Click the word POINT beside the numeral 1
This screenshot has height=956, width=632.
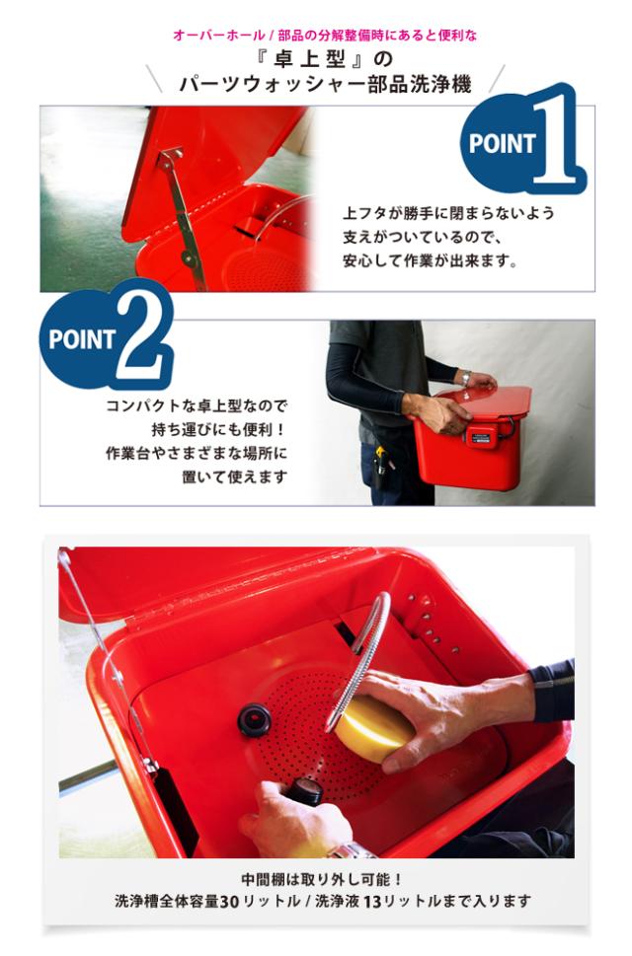502,144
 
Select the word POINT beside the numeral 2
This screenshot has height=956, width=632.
82,339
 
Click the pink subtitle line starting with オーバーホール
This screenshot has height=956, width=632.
325,36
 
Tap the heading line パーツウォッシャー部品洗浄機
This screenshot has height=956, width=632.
325,84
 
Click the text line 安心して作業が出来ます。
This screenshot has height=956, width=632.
431,260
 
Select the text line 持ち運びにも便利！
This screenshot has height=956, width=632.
218,429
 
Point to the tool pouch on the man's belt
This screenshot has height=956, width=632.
379,467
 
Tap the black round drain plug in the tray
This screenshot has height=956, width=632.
254,719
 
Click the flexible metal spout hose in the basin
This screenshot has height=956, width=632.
359,652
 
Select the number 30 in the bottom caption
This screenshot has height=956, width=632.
229,901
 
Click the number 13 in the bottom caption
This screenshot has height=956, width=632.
371,901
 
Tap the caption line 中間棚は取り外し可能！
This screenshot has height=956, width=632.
322,879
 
